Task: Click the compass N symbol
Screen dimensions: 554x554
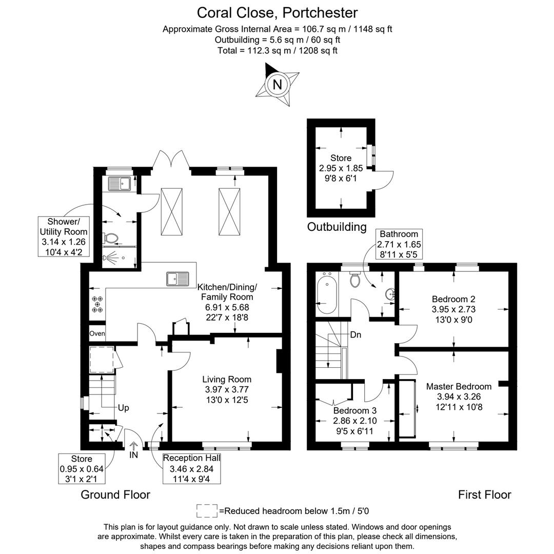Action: click(x=277, y=84)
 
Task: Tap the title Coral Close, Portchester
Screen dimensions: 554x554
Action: click(x=277, y=12)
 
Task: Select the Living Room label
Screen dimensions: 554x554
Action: click(x=226, y=380)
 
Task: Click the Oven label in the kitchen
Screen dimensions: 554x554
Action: click(x=97, y=333)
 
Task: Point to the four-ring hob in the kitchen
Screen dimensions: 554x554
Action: click(x=97, y=304)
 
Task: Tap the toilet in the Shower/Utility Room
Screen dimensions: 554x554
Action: click(x=111, y=238)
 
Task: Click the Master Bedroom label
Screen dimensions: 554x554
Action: click(x=459, y=386)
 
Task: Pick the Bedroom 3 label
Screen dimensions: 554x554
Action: click(x=354, y=411)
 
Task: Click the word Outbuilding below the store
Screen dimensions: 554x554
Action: click(x=337, y=227)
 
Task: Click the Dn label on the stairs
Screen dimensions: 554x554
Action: click(x=356, y=335)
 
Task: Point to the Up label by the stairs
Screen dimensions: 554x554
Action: click(x=123, y=408)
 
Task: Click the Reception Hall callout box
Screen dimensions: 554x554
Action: click(x=192, y=468)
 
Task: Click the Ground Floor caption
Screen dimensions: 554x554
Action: click(x=115, y=494)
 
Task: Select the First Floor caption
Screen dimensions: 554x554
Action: click(x=484, y=494)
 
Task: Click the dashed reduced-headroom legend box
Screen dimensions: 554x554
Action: click(x=207, y=510)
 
